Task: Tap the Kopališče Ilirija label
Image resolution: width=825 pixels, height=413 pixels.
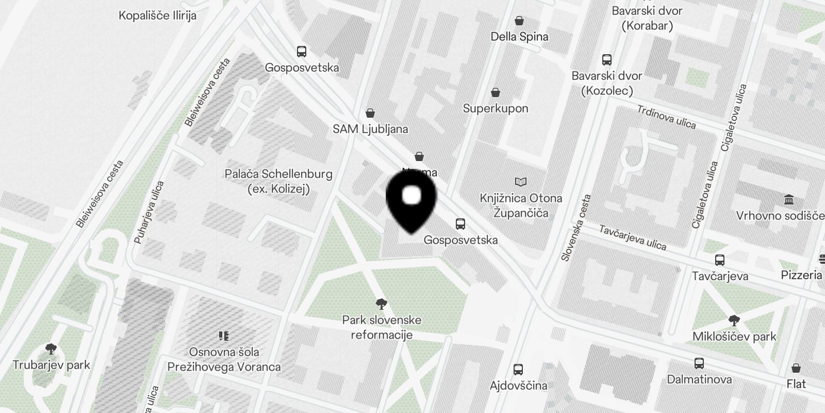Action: pyautogui.click(x=157, y=15)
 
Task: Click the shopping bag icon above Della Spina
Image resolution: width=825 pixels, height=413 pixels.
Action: pyautogui.click(x=519, y=21)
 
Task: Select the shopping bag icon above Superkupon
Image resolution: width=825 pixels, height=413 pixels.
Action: pyautogui.click(x=496, y=93)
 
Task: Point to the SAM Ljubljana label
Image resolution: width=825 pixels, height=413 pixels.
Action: pyautogui.click(x=370, y=129)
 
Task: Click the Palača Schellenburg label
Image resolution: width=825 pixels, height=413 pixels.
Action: pyautogui.click(x=278, y=181)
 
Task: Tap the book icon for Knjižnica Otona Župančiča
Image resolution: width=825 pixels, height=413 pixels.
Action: pyautogui.click(x=521, y=182)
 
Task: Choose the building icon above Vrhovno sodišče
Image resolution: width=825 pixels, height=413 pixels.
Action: pyautogui.click(x=788, y=199)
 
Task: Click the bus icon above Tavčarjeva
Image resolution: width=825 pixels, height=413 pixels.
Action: pyautogui.click(x=720, y=260)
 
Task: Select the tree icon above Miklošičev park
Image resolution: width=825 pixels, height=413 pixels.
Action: pyautogui.click(x=734, y=321)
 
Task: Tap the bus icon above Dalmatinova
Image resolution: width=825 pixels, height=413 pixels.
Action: pyautogui.click(x=699, y=363)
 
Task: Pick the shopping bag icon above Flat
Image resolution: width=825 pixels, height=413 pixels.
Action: pyautogui.click(x=796, y=368)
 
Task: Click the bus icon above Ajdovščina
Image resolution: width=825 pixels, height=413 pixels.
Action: pyautogui.click(x=518, y=370)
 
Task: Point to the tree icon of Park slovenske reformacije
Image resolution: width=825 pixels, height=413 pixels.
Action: pyautogui.click(x=382, y=304)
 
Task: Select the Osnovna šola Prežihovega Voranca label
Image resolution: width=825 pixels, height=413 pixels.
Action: pyautogui.click(x=224, y=359)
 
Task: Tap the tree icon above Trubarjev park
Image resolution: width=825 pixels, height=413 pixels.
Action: pyautogui.click(x=51, y=349)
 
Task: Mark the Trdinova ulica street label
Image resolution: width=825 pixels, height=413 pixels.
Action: pyautogui.click(x=666, y=117)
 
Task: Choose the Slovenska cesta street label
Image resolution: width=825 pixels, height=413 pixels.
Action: pyautogui.click(x=575, y=228)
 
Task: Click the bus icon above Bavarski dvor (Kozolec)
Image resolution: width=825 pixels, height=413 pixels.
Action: pyautogui.click(x=607, y=60)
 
